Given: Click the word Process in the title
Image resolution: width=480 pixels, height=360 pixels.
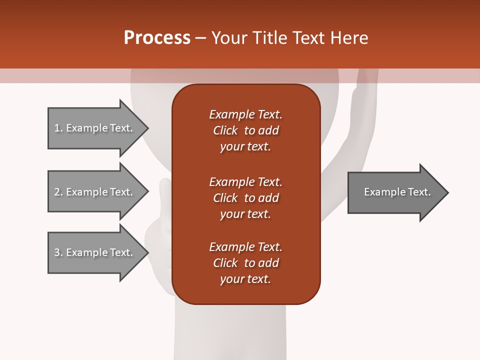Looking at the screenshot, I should coord(157,38).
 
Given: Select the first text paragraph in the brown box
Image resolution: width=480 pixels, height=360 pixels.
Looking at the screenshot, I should coord(245,130).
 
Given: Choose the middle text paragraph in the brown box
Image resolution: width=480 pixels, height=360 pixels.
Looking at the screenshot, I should coord(245,198).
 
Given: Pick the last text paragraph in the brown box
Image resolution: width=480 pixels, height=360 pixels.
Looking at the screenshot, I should coord(245,263).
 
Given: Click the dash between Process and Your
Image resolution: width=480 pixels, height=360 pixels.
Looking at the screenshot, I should coord(200,38).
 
